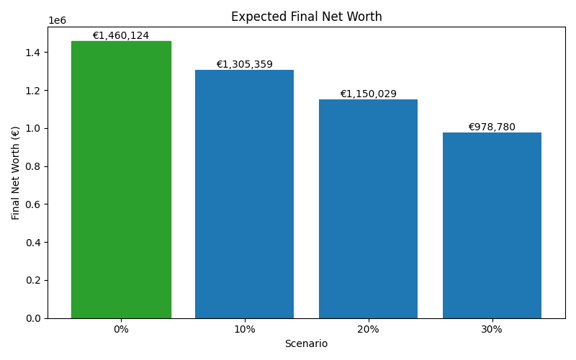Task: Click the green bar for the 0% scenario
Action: (121, 180)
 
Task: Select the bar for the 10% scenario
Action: (244, 194)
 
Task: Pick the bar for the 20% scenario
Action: (368, 209)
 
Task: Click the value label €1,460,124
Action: (121, 36)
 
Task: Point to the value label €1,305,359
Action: (244, 65)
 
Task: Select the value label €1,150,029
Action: (368, 94)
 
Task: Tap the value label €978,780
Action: (492, 127)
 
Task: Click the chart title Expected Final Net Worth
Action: (306, 17)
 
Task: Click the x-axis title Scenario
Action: (306, 344)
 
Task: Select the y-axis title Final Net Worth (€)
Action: (16, 173)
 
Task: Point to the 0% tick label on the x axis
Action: (121, 330)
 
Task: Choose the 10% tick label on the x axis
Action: (244, 330)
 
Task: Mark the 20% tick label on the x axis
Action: (368, 330)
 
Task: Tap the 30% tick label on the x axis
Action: (492, 330)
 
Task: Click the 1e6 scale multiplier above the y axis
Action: (57, 21)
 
